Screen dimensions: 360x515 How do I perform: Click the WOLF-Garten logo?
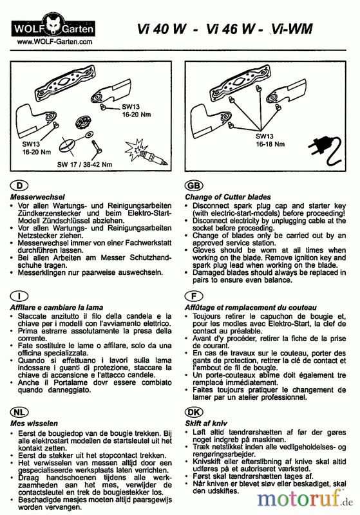[x=53, y=28]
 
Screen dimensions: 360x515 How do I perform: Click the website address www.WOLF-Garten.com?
[x=55, y=42]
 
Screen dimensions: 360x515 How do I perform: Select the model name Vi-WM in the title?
[x=291, y=29]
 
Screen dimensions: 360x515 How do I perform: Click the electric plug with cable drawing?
[x=325, y=152]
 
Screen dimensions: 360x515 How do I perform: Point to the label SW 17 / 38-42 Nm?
[x=84, y=165]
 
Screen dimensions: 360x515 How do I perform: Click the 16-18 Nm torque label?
[x=270, y=144]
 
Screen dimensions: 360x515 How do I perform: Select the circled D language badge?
[x=19, y=186]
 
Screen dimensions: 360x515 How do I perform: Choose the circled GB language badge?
[x=194, y=186]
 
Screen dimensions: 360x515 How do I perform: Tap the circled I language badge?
[x=19, y=296]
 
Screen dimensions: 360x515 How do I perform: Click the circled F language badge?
[x=194, y=296]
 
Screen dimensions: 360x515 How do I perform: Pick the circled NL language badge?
[x=19, y=412]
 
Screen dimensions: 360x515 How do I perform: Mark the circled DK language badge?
[x=194, y=412]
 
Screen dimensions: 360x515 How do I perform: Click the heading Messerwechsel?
[x=37, y=197]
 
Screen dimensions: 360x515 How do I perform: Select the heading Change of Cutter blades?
[x=228, y=197]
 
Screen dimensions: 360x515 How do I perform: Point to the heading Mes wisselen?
[x=34, y=424]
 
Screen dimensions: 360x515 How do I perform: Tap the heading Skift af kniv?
[x=206, y=424]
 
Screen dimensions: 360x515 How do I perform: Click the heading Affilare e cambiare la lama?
[x=57, y=308]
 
